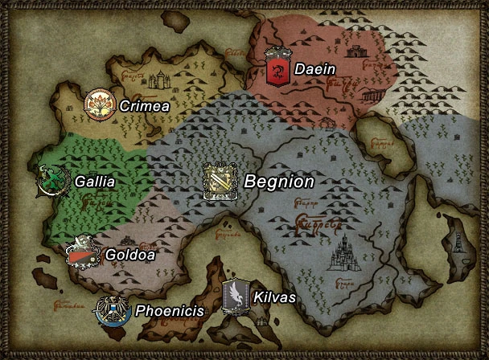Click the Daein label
tap(314, 69)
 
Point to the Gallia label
tap(94, 182)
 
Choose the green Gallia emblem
tap(51, 182)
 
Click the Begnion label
tap(278, 182)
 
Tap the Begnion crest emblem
tap(219, 182)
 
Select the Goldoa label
tap(129, 256)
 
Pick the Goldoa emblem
tap(83, 255)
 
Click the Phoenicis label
tap(168, 310)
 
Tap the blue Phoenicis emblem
tap(109, 310)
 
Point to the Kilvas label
tap(274, 297)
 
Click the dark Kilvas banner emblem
tap(236, 296)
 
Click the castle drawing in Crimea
tap(161, 80)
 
